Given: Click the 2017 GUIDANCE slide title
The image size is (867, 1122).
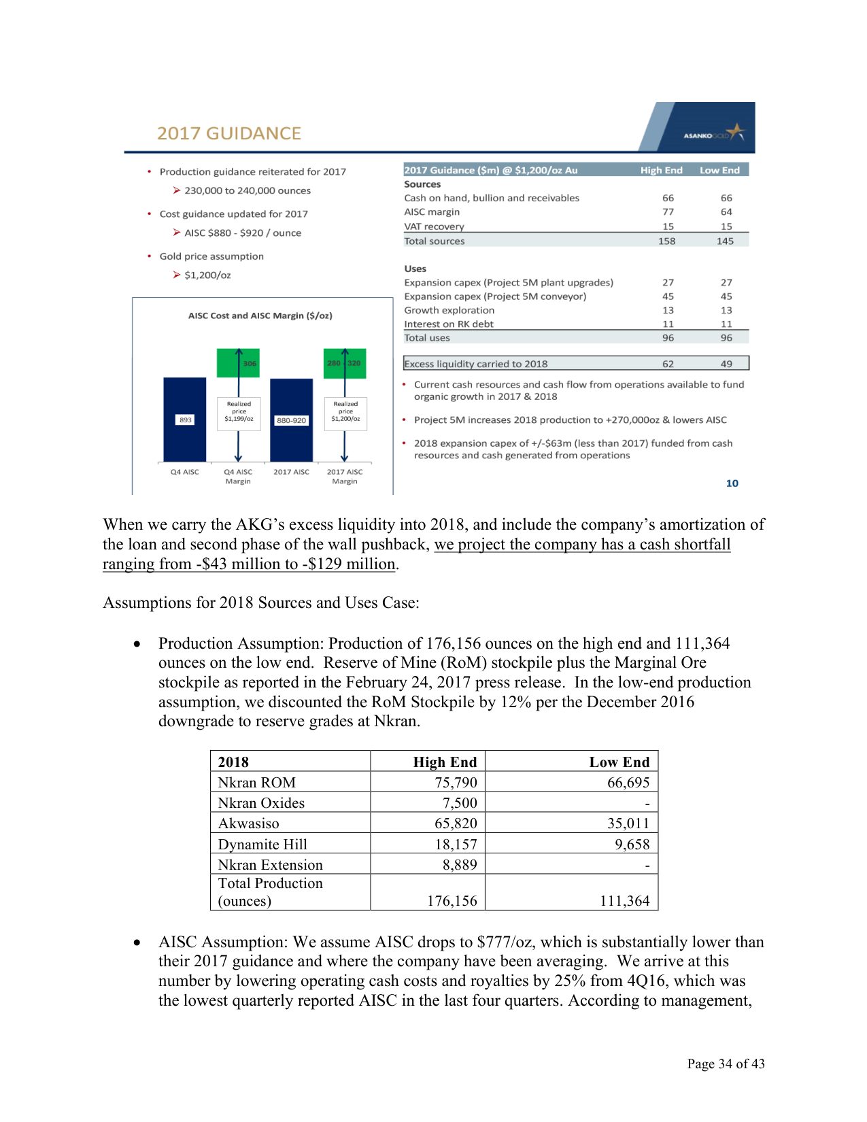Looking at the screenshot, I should (228, 133).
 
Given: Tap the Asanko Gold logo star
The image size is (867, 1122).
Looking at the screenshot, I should (735, 132).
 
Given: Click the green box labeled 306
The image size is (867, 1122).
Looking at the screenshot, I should (237, 364).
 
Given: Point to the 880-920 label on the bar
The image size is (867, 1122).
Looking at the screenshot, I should (291, 420).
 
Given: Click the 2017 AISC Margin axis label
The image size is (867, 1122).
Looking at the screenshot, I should (345, 476).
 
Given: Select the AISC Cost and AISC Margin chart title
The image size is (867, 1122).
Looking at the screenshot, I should (260, 316).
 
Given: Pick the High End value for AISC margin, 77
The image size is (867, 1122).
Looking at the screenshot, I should (668, 212).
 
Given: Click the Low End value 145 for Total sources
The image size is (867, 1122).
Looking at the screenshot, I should (725, 241).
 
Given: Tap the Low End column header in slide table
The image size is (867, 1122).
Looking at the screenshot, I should (719, 170).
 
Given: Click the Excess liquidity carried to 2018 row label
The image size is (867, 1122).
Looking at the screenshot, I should (475, 364).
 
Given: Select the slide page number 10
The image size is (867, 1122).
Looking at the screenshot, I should (732, 483).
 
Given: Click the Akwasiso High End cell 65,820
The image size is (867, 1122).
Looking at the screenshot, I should (456, 823).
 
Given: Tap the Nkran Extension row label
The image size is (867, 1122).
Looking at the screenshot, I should (270, 865).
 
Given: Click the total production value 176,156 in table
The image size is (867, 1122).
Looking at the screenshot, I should (452, 901).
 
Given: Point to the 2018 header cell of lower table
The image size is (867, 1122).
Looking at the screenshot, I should (233, 762).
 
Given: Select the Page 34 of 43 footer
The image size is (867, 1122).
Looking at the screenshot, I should (725, 1064).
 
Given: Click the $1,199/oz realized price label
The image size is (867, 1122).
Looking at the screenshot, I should (239, 419).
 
